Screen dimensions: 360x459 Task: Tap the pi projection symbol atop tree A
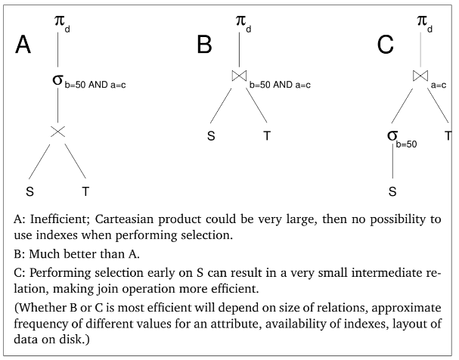click(60, 20)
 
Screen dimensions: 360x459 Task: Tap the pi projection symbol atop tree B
click(240, 20)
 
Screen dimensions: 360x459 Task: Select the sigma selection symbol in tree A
click(57, 79)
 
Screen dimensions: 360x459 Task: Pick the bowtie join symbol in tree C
click(420, 76)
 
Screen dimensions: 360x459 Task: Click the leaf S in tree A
click(29, 190)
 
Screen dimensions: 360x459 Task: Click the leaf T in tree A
click(86, 190)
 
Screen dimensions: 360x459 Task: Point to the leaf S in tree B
click(211, 136)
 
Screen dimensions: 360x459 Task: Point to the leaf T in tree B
click(267, 136)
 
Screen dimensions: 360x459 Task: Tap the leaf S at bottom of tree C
click(392, 191)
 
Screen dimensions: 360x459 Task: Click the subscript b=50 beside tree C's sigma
click(409, 142)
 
